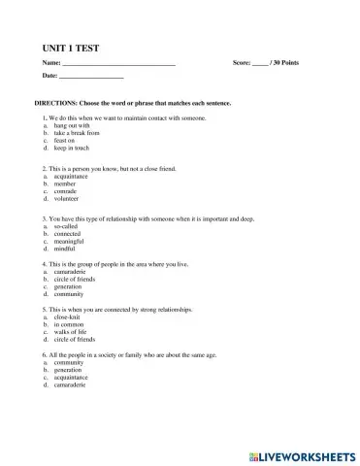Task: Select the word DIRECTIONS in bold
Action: [58, 101]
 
